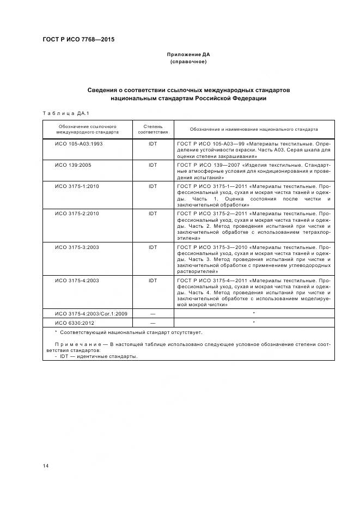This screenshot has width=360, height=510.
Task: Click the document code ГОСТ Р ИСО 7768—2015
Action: (78, 40)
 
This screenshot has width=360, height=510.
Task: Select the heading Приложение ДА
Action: (188, 54)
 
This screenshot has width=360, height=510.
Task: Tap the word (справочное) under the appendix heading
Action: (188, 62)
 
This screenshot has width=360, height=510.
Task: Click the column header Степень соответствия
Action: (152, 129)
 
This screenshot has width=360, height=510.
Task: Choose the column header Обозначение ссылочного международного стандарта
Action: (87, 129)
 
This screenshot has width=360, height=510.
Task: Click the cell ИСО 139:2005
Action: (73, 165)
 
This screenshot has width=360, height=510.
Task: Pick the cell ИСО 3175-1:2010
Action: (77, 186)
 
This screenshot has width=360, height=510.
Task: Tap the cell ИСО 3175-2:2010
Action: (77, 214)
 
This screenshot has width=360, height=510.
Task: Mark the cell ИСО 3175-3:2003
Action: (77, 247)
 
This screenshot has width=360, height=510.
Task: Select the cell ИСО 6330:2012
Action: (73, 323)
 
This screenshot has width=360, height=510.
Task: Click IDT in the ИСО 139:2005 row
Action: (152, 165)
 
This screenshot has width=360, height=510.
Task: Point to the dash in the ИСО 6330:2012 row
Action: (152, 323)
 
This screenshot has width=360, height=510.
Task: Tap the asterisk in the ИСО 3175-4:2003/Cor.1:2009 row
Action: (254, 314)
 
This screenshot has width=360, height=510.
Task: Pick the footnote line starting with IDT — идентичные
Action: (99, 357)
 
